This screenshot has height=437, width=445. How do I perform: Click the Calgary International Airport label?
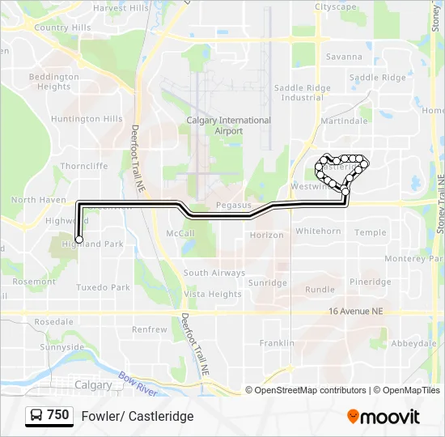(228, 125)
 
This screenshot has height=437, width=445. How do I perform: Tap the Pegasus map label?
(234, 206)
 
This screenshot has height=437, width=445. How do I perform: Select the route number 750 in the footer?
(57, 415)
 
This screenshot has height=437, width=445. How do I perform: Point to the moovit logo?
(384, 417)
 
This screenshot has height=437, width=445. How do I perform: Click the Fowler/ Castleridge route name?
(138, 416)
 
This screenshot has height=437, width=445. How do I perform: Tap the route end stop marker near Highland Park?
(79, 239)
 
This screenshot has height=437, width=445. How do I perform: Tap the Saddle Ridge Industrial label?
(303, 93)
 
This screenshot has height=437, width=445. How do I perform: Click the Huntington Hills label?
(87, 119)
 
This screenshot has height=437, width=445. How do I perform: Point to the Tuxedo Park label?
(103, 287)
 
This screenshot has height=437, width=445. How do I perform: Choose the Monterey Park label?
(410, 258)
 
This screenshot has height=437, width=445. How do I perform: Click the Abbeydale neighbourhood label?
(413, 343)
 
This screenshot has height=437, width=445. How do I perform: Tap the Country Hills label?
(62, 28)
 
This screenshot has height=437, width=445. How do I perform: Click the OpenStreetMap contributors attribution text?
(307, 390)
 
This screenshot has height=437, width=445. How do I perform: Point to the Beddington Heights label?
(54, 82)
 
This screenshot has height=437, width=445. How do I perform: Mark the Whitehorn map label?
(318, 231)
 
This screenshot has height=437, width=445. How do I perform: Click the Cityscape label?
(335, 6)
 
